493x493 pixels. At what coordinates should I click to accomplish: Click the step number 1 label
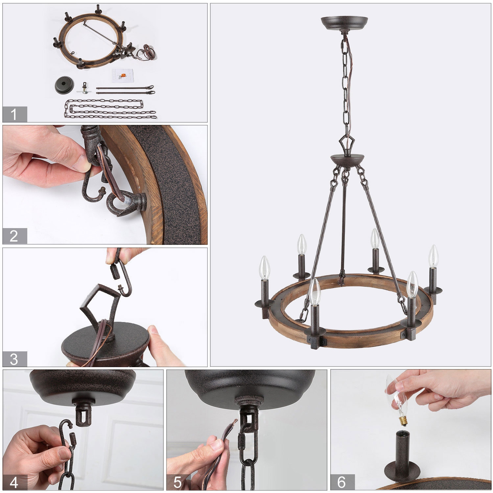pyautogui.click(x=14, y=114)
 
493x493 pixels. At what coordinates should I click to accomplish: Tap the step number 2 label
pyautogui.click(x=14, y=236)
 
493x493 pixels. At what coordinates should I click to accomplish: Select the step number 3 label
pyautogui.click(x=14, y=359)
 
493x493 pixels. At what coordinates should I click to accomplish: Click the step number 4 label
pyautogui.click(x=14, y=482)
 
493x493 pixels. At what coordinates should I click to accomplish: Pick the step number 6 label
pyautogui.click(x=342, y=482)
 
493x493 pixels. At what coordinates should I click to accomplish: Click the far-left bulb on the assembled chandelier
pyautogui.click(x=265, y=268)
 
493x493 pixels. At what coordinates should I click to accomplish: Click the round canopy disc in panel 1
pyautogui.click(x=64, y=85)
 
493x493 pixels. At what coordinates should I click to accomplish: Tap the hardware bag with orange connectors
pyautogui.click(x=122, y=76)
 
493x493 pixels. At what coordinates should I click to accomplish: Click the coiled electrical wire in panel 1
pyautogui.click(x=147, y=53)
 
